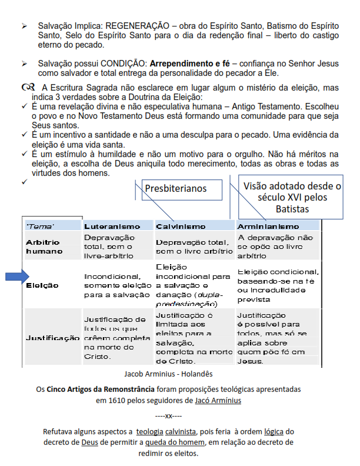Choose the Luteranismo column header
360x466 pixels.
point(112,226)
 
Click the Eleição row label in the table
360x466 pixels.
point(42,285)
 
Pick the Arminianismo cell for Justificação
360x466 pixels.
point(276,338)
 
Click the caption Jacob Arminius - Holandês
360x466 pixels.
point(168,374)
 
